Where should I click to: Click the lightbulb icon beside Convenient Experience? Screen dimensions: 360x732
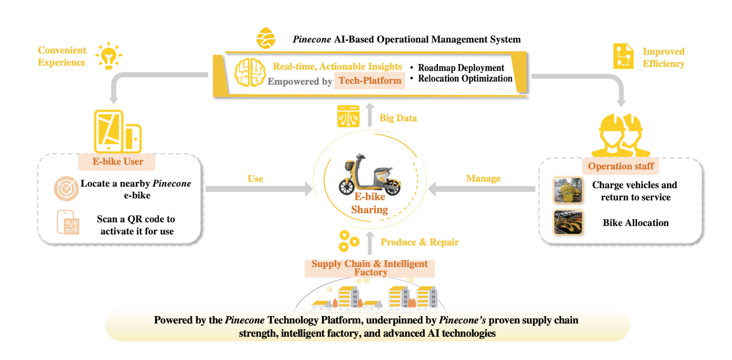click(108, 56)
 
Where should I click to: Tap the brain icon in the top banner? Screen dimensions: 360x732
click(250, 72)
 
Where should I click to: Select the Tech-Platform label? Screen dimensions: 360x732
click(370, 81)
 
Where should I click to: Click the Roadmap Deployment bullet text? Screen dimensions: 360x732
click(461, 68)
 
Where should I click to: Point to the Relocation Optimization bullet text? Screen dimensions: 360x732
click(465, 79)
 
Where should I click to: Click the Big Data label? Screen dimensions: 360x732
click(398, 118)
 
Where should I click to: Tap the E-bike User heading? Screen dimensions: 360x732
click(118, 161)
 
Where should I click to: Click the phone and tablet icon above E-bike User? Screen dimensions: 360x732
click(118, 131)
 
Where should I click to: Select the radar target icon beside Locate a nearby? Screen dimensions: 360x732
click(66, 188)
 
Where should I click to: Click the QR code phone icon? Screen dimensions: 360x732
click(68, 222)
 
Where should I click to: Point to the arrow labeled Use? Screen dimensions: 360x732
click(259, 188)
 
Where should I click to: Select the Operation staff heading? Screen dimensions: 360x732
click(620, 166)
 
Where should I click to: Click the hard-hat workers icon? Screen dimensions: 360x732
click(620, 135)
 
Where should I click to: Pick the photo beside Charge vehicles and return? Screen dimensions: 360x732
click(568, 190)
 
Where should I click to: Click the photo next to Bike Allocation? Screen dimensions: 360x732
click(568, 222)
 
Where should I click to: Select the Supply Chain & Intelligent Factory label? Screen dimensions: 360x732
click(370, 268)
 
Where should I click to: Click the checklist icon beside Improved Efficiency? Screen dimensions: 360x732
click(623, 57)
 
